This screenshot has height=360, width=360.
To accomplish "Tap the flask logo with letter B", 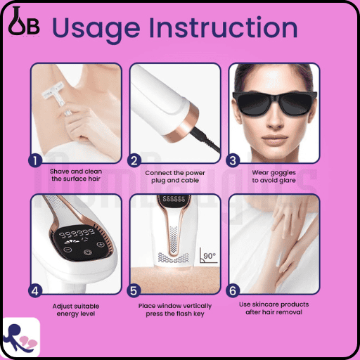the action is (x=23, y=22).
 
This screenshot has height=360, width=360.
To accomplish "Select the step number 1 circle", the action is (x=35, y=160).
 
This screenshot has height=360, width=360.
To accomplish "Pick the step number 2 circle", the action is (x=134, y=160).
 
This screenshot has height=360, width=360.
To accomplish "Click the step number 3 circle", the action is (x=233, y=160).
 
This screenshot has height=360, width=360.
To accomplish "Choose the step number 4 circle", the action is (x=35, y=291).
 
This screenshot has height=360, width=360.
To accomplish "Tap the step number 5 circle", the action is (x=134, y=291).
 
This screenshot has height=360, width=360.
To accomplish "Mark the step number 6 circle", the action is (x=233, y=291).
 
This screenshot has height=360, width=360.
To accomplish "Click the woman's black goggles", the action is (x=275, y=103).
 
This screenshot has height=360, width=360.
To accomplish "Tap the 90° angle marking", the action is (x=208, y=255).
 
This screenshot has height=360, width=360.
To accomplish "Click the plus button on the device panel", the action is (x=101, y=245).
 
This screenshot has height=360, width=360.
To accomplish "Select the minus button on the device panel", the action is (x=67, y=250).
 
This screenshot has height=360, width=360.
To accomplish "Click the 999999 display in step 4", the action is (x=77, y=233).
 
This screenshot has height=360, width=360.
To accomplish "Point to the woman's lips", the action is (x=275, y=139).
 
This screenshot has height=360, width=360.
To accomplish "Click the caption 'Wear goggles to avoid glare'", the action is (x=274, y=176).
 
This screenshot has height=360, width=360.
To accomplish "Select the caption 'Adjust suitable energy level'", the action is (x=76, y=310).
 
